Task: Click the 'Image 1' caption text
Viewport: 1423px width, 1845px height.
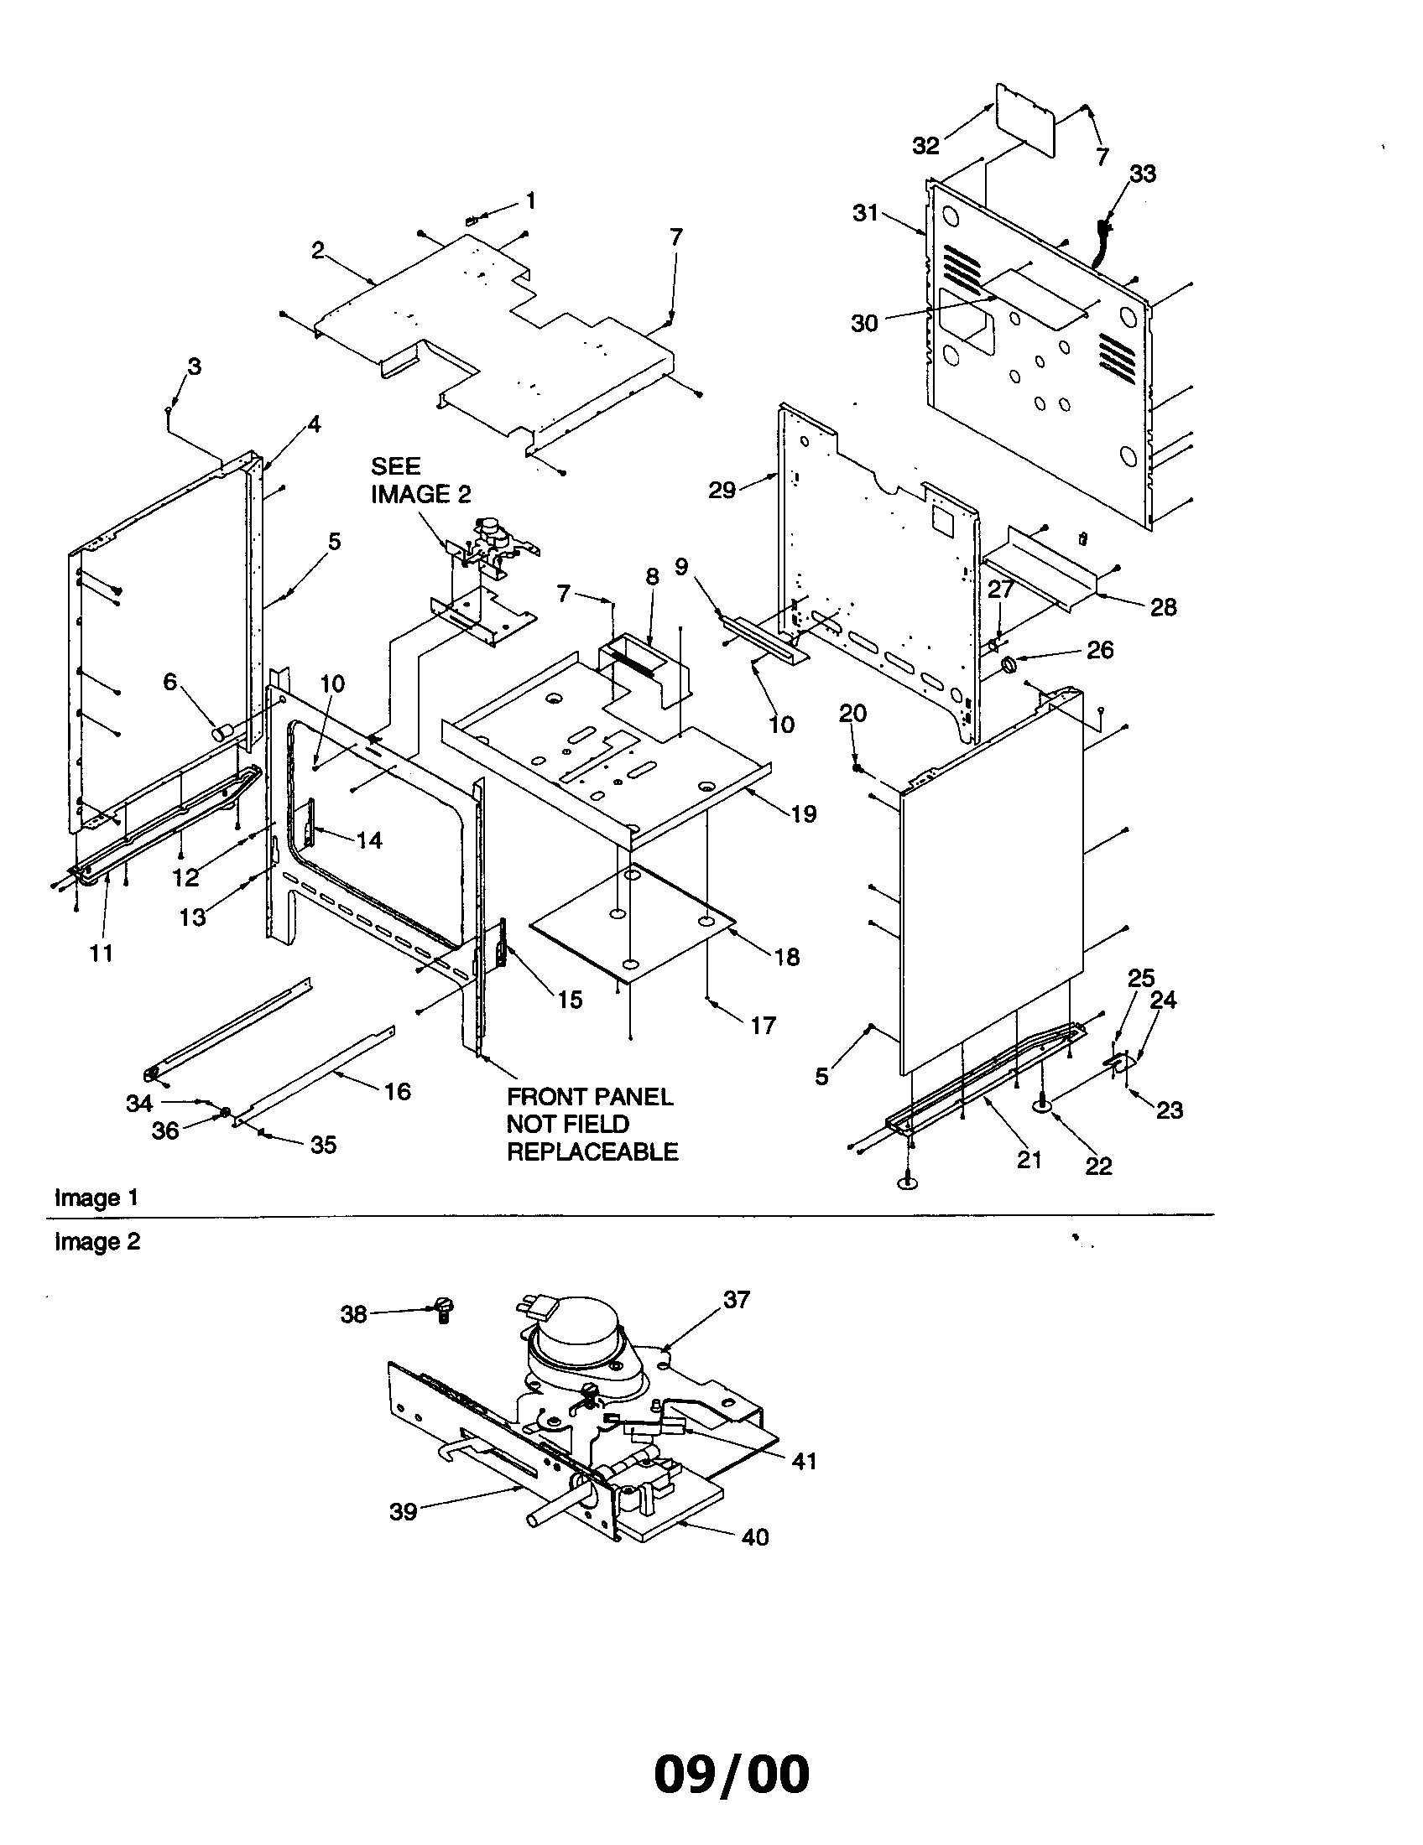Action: (96, 1198)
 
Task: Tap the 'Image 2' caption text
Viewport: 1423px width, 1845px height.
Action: (97, 1242)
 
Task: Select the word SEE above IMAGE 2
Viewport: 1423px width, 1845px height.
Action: (395, 466)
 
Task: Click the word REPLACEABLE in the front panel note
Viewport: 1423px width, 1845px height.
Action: (592, 1152)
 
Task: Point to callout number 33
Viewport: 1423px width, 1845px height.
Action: (1143, 174)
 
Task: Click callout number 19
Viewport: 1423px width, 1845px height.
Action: (804, 813)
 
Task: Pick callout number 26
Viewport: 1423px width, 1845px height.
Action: (1099, 650)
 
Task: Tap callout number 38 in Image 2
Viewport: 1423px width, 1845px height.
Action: (354, 1314)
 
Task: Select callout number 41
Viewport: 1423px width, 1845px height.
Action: (804, 1461)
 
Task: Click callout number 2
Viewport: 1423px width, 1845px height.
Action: (318, 250)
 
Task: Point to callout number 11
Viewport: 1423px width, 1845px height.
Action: (102, 953)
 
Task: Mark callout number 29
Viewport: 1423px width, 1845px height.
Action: (722, 490)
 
